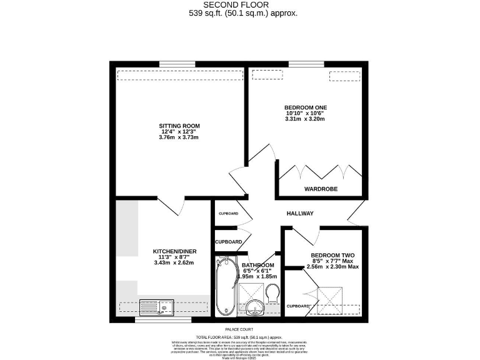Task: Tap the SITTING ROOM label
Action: click(x=179, y=126)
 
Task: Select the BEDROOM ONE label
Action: click(x=305, y=107)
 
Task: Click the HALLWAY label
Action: click(x=300, y=214)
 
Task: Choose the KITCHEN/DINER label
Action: click(x=175, y=251)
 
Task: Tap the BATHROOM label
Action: click(x=257, y=265)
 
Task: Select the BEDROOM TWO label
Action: click(x=332, y=256)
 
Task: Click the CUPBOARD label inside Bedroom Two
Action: click(x=299, y=306)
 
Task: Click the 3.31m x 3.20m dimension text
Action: click(x=305, y=119)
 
